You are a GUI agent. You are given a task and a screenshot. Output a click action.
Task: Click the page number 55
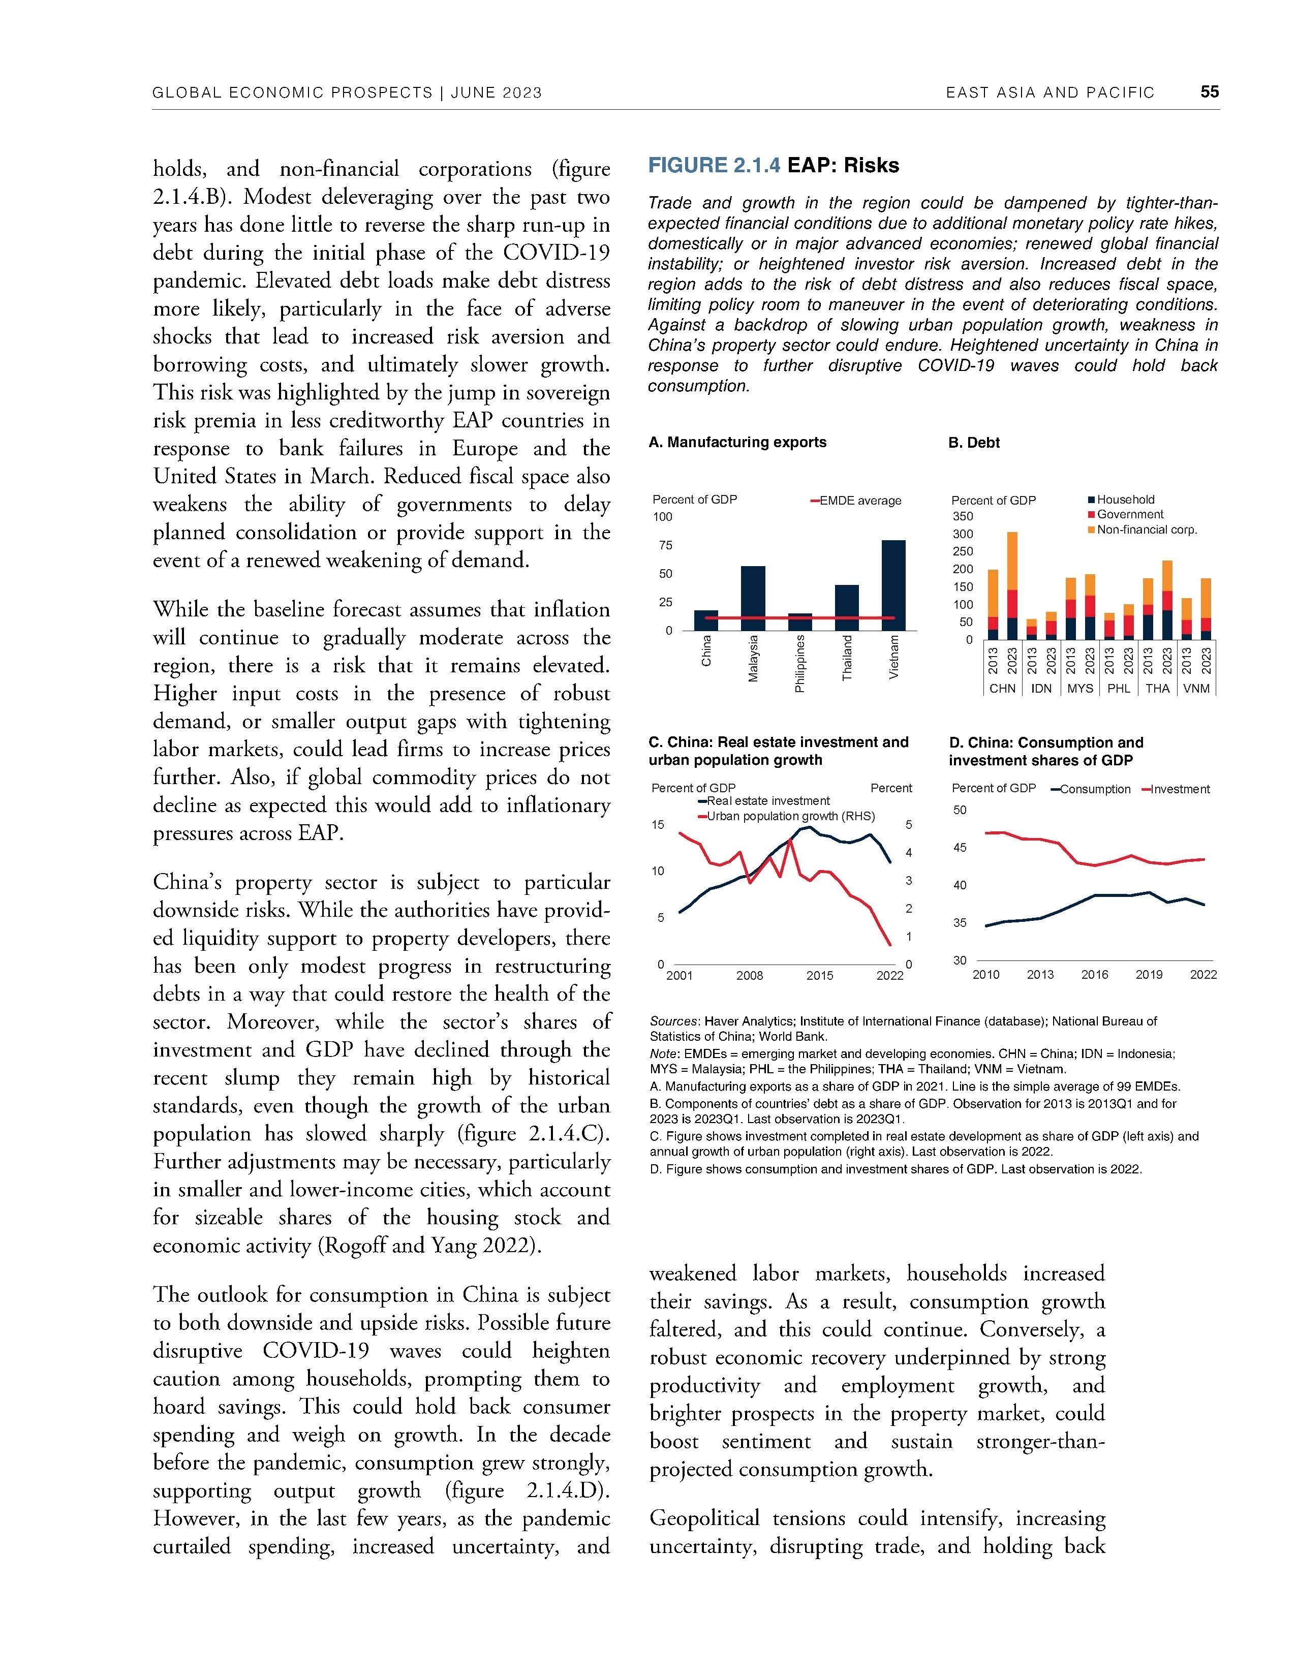(x=1209, y=92)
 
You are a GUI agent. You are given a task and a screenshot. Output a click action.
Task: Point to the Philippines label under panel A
(x=800, y=663)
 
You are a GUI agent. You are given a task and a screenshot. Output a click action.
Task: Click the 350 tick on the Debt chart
(x=963, y=516)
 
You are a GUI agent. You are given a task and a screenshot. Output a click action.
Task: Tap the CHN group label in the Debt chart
(x=1002, y=689)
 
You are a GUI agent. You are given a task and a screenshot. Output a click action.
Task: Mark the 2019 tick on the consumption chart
(x=1149, y=974)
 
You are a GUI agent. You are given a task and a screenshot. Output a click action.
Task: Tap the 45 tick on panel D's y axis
(x=960, y=848)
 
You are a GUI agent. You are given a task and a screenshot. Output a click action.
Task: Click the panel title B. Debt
(x=974, y=443)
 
